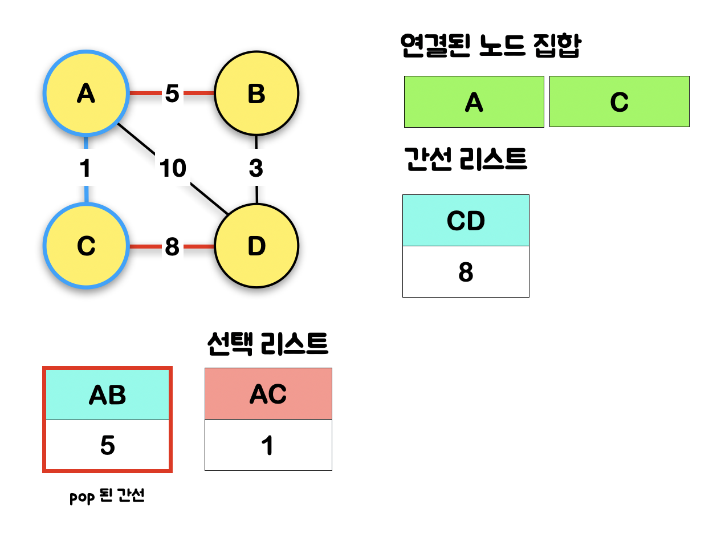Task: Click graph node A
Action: point(86,93)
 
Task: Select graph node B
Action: point(256,93)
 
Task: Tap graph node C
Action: point(86,246)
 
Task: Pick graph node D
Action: point(256,246)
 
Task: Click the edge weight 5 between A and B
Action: point(172,93)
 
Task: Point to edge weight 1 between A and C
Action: point(85,168)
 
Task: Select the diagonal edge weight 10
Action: point(173,168)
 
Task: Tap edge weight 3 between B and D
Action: point(256,168)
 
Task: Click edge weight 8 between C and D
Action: point(172,247)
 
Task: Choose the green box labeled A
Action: point(474,102)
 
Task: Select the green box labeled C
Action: point(619,102)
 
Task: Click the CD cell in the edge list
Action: point(466,221)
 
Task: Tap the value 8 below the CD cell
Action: point(466,272)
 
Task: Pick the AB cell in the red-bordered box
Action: point(107,394)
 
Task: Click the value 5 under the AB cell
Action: point(107,445)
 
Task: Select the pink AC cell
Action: point(268,394)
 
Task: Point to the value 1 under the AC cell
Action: point(268,445)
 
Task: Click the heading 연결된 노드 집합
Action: point(490,46)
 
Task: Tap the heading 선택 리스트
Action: point(268,344)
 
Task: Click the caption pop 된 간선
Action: point(107,496)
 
